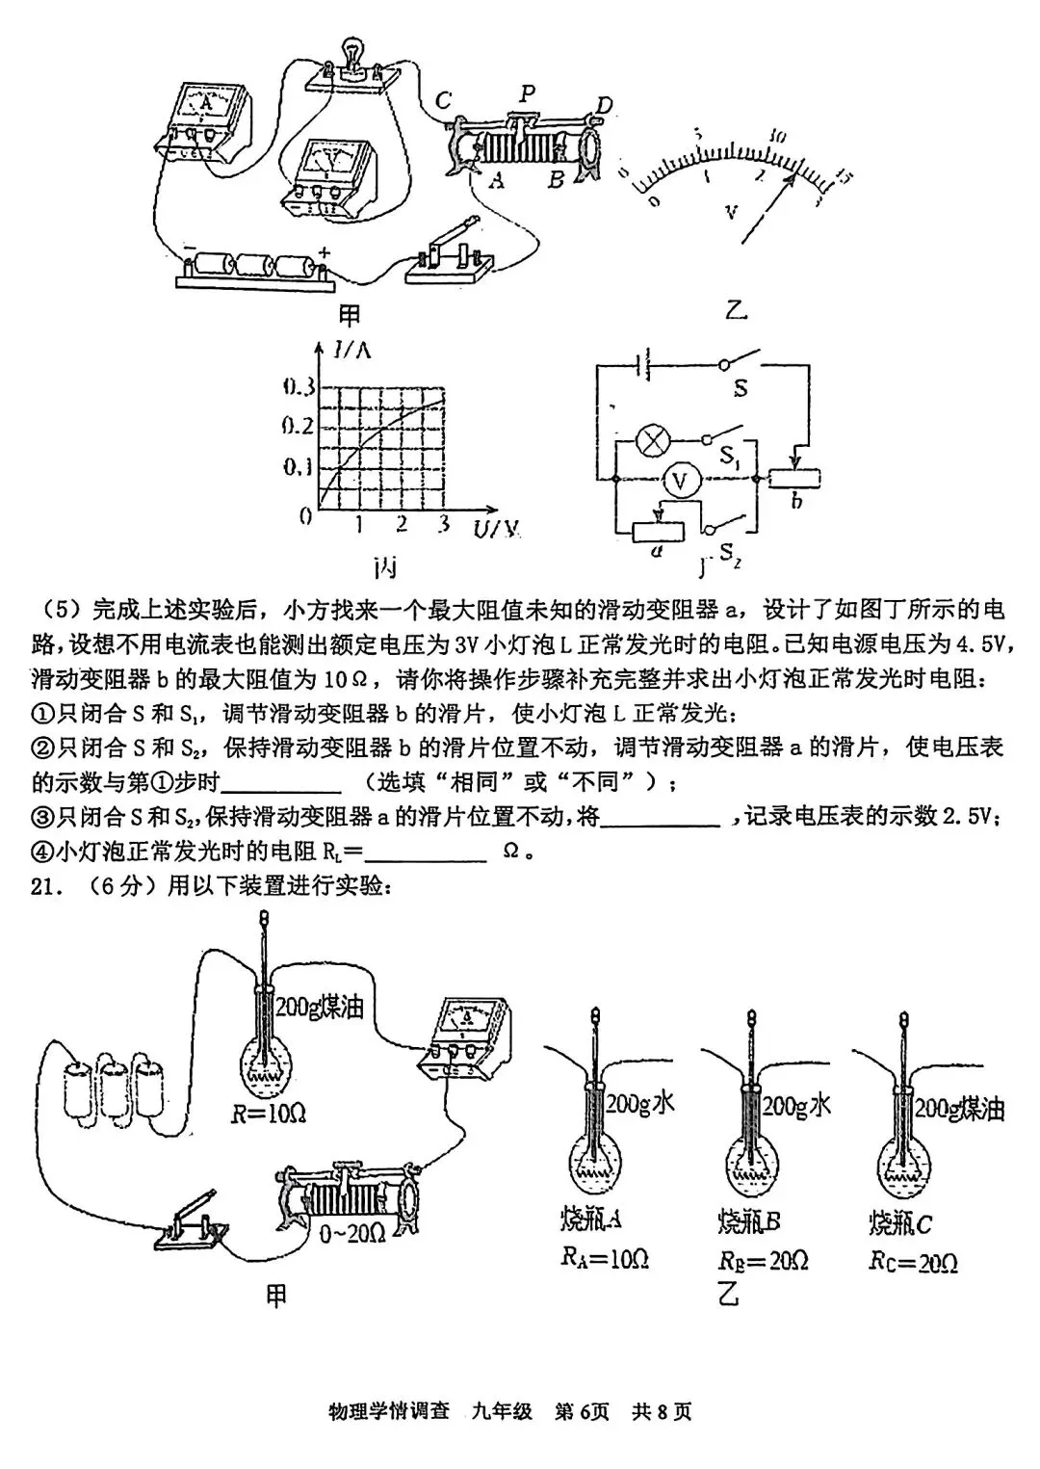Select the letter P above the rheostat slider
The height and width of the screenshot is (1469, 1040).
[527, 93]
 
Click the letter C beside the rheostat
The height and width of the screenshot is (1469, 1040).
[444, 100]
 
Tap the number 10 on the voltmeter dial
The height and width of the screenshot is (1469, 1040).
[779, 136]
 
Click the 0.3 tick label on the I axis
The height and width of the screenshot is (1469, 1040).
[299, 388]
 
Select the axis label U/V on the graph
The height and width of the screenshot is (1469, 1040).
[496, 528]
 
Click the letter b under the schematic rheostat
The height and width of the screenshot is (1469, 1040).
[796, 501]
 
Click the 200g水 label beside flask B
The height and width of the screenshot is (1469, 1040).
[795, 1106]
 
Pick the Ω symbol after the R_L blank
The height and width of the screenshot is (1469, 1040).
[511, 852]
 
